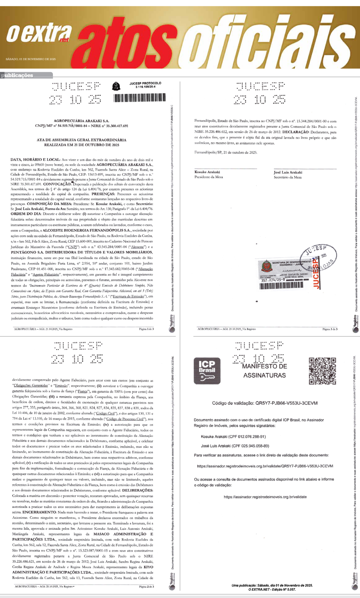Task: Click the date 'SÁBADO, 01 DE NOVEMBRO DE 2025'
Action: tap(31, 59)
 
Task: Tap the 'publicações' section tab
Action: tap(18, 75)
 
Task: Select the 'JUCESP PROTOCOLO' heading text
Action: tap(145, 84)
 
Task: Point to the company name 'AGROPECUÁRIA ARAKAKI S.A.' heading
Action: tap(81, 121)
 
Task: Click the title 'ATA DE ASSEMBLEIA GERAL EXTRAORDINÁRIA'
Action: tap(81, 140)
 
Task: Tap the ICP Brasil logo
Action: tap(207, 370)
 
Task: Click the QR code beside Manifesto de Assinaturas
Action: tap(322, 371)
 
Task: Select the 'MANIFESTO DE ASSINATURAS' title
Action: tap(265, 371)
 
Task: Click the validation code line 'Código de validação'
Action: tap(265, 403)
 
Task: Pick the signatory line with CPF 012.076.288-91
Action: tap(233, 437)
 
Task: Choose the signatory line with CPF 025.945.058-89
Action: tap(235, 446)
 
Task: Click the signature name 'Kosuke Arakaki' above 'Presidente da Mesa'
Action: tap(207, 172)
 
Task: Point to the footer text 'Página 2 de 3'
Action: tap(146, 587)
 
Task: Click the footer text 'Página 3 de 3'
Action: tap(330, 329)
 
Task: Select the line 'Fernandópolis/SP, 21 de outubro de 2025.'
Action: tap(226, 152)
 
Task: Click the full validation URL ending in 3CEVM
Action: tap(265, 466)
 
